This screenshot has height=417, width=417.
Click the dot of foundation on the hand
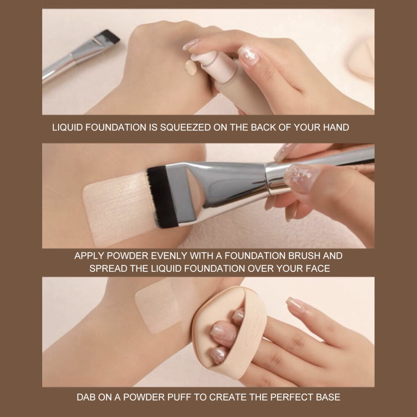pos(191,67)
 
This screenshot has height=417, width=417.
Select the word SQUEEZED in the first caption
pos(185,127)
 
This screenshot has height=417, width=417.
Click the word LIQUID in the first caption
pos(67,127)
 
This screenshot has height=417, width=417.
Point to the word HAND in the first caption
pos(336,127)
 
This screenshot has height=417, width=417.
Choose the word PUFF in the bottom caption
pos(179,397)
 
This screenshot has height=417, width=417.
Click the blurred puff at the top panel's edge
pos(362,57)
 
